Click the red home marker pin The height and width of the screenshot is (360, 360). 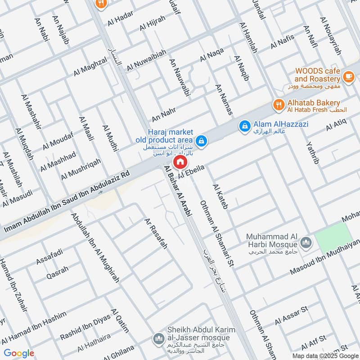coord(180,162)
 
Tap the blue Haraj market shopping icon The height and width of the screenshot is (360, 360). coord(202,141)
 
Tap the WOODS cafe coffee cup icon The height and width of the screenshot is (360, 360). coord(348,76)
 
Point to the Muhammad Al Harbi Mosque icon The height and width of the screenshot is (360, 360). coord(306,243)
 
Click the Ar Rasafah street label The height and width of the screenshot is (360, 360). coord(156,234)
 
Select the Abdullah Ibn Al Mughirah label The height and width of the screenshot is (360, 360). coord(95,247)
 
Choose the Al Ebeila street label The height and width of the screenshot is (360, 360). coord(192,172)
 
